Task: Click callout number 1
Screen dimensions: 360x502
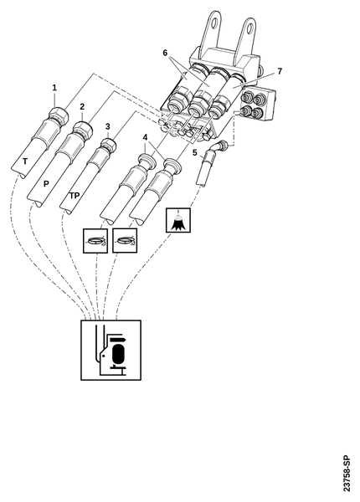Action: [x=54, y=87]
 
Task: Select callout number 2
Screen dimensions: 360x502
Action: [x=82, y=106]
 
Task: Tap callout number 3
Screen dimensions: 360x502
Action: [x=108, y=126]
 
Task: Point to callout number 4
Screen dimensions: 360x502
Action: [x=145, y=138]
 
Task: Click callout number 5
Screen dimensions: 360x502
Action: [x=195, y=153]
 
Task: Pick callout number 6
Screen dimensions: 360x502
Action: [x=165, y=53]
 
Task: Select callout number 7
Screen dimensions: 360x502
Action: [x=280, y=71]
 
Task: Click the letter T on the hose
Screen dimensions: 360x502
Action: [x=25, y=161]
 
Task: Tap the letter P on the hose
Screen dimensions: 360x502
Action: [x=46, y=184]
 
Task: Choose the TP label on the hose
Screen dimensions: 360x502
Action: [x=75, y=195]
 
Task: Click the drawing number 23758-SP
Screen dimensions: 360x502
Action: [x=347, y=474]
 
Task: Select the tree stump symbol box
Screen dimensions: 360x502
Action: [x=178, y=220]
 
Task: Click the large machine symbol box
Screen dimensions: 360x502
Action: [x=111, y=350]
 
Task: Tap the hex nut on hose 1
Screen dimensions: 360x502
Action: [x=59, y=115]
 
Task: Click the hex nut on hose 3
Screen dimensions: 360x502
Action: [x=108, y=145]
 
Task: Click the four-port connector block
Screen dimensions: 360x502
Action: [x=257, y=104]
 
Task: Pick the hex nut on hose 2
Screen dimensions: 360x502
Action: [x=83, y=130]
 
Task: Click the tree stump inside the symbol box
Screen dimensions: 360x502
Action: [x=178, y=223]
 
